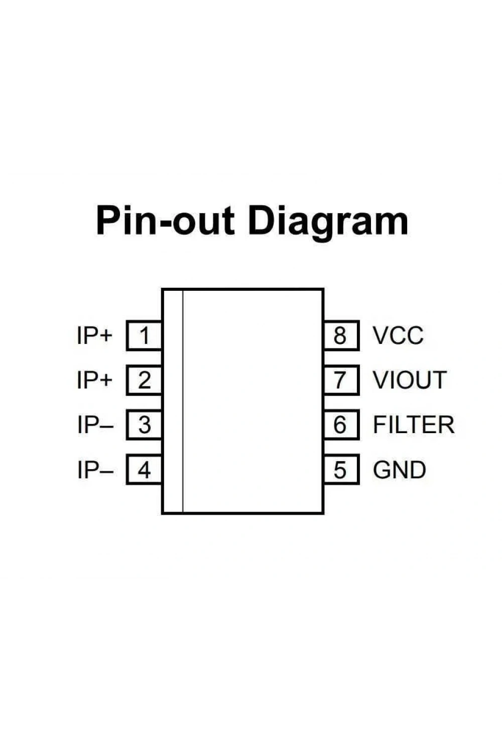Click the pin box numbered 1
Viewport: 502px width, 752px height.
[144, 335]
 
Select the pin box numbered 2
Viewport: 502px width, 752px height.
[144, 380]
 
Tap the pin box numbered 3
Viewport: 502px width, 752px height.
[144, 425]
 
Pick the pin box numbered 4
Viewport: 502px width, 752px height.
[144, 470]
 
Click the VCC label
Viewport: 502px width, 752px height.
[398, 335]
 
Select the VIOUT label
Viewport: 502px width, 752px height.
[410, 380]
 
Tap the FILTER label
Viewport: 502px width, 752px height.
[414, 425]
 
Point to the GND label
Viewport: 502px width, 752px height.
[400, 470]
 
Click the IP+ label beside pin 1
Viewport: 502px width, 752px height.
[94, 335]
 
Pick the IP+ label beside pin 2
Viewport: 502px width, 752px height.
[94, 380]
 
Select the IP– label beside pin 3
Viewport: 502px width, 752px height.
[95, 425]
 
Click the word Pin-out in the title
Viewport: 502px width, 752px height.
[165, 221]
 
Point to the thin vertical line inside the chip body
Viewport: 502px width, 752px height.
[183, 401]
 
